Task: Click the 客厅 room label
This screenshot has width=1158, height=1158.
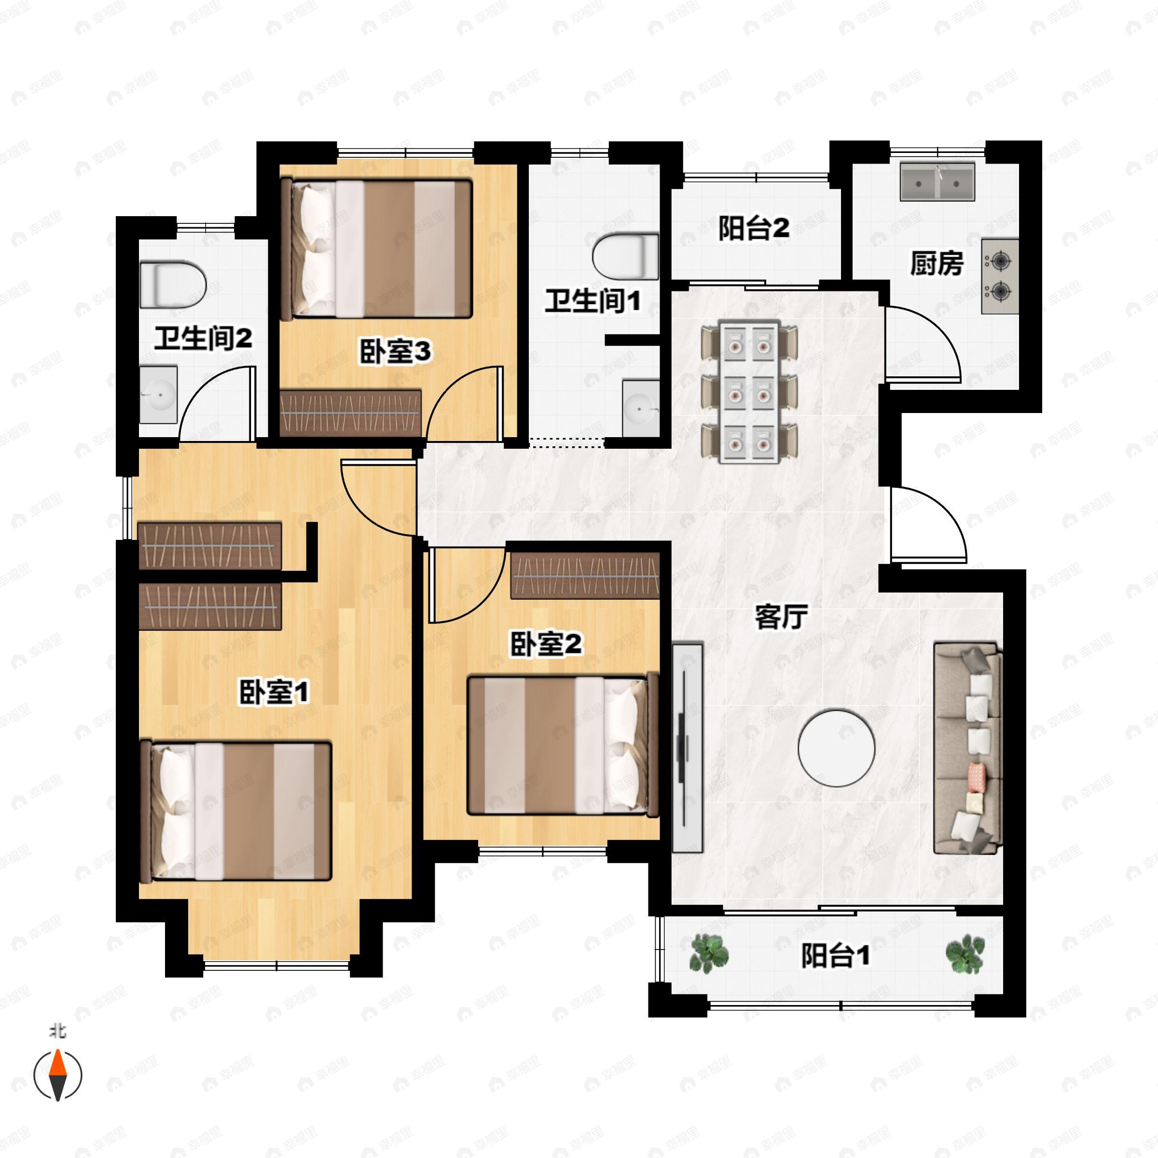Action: (781, 617)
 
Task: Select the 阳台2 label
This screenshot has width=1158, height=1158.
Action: (754, 228)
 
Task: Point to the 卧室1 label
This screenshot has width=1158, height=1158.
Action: (274, 692)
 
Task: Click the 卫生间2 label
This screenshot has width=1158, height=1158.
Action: (203, 339)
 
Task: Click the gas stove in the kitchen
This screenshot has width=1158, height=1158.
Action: (1000, 276)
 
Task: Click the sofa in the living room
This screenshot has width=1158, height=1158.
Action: (968, 748)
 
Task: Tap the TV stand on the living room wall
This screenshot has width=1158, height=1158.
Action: (688, 747)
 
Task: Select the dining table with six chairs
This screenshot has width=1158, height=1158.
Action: (749, 393)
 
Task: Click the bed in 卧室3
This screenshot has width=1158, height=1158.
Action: (376, 248)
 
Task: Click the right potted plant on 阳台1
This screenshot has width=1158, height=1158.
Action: (965, 953)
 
